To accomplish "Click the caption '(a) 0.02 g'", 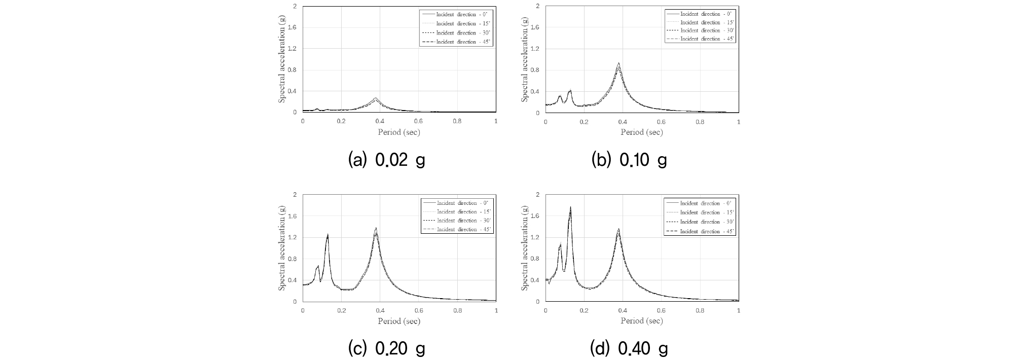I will coord(386,160).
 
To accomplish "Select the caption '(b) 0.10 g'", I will coord(629,160).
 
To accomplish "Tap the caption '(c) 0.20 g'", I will coord(386,348).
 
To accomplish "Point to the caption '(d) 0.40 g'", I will coord(629,348).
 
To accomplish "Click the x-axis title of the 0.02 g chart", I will coord(399,132).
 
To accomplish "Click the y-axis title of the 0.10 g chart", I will coord(525,59).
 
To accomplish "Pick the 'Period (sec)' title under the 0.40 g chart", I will coord(642,320).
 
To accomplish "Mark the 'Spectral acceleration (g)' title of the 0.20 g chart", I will coord(282,247).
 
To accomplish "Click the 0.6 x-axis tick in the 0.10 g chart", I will coord(661,122).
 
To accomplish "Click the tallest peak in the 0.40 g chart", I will coord(570,207).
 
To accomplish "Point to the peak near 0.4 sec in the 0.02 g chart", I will coord(376,98).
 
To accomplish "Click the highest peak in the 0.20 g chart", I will coord(376,228).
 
